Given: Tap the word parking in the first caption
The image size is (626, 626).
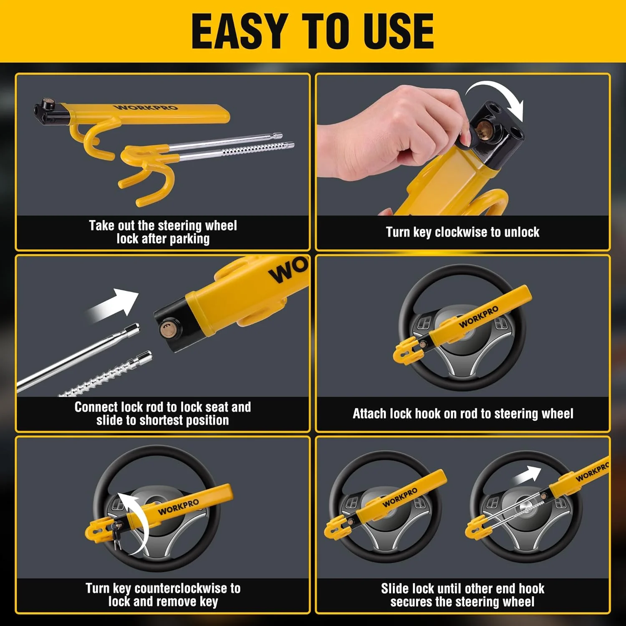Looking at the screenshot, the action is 189,239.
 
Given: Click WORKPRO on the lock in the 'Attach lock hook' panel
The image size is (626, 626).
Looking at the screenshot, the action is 479,317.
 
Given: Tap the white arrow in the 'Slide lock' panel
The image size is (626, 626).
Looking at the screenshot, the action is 527,476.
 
